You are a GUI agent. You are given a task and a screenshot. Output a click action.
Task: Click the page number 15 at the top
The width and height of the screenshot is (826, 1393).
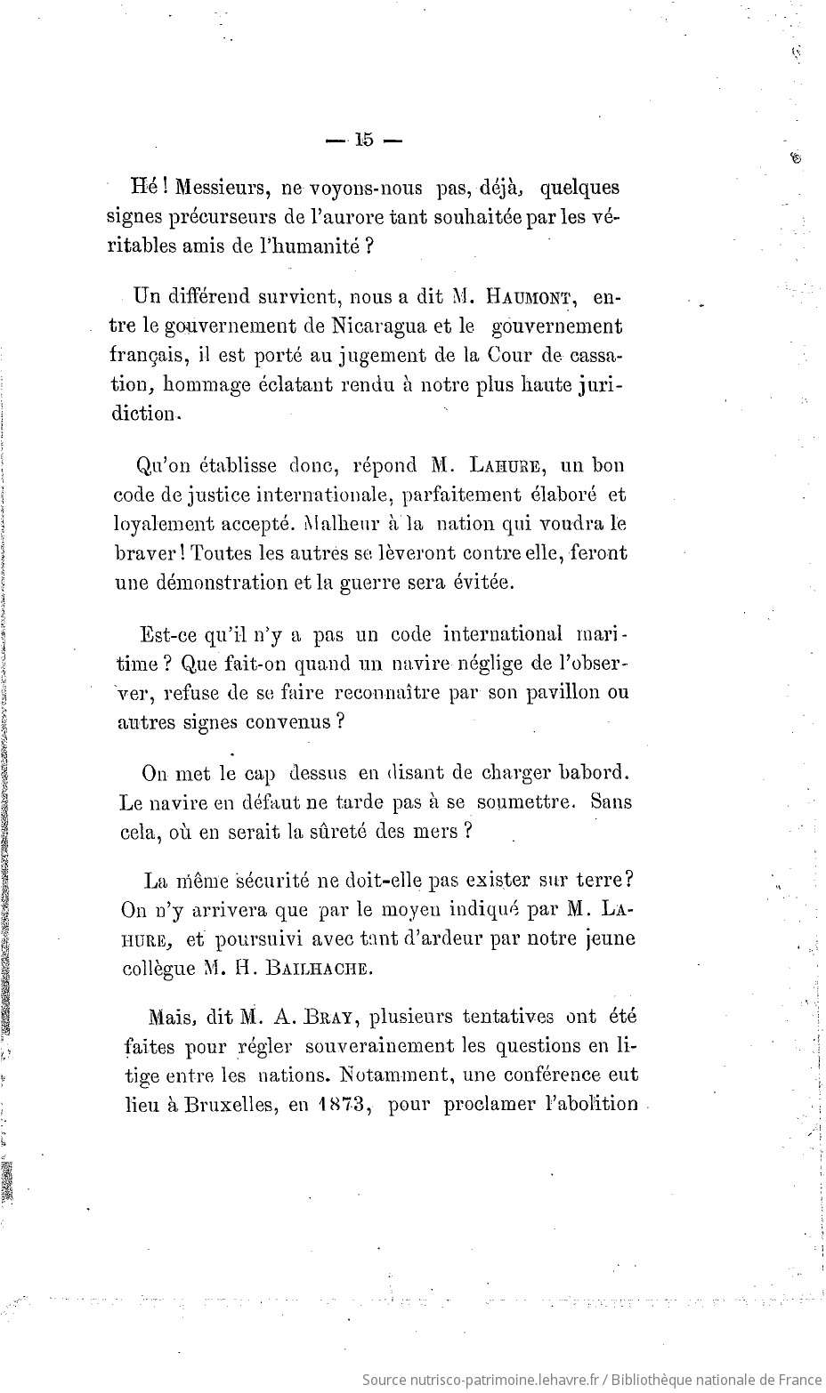(x=364, y=140)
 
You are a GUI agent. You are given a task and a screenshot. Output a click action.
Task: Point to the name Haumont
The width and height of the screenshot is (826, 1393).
(x=527, y=296)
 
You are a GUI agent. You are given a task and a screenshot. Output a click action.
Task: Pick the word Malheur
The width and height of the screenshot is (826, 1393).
(x=339, y=523)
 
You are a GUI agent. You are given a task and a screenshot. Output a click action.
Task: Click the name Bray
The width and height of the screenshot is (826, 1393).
(x=327, y=1016)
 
